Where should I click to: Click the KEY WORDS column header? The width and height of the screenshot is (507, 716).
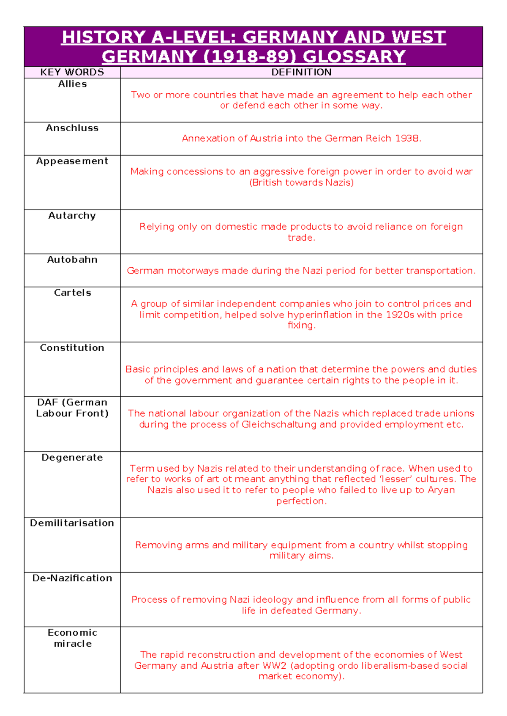tap(72, 72)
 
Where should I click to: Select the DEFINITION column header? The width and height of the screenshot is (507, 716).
tap(301, 72)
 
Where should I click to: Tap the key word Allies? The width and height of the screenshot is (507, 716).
tap(72, 84)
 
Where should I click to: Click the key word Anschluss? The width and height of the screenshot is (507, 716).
tap(72, 128)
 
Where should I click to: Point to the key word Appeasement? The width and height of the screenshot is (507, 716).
tap(72, 161)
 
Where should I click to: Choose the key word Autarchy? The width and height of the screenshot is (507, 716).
tap(72, 216)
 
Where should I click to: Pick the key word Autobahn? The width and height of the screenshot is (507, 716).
tap(72, 260)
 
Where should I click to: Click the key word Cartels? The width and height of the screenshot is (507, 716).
tap(72, 293)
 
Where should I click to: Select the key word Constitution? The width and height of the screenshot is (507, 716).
tap(72, 348)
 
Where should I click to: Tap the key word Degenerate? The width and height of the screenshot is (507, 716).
tap(72, 458)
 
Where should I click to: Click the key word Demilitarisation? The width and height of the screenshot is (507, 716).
tap(72, 523)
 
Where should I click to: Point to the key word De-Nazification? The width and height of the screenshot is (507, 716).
tap(72, 578)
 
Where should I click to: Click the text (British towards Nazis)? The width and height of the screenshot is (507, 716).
tap(301, 182)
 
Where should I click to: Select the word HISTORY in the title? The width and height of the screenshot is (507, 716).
tap(104, 37)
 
